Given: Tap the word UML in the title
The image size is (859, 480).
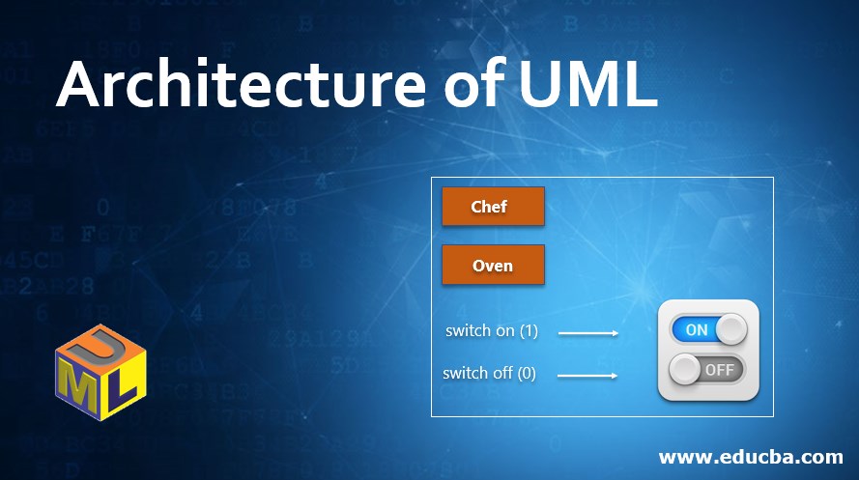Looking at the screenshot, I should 587,88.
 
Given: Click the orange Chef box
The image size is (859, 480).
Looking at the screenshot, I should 493,207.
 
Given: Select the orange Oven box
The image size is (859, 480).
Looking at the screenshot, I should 493,266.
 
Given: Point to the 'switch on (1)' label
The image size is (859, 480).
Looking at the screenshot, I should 491,330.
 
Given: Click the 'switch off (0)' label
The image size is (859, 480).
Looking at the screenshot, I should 489,373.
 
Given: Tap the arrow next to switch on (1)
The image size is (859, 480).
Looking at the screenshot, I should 588,333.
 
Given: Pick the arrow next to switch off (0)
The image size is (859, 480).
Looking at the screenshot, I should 588,375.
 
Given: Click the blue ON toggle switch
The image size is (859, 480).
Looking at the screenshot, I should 708,329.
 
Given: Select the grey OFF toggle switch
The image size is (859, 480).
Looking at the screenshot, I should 708,369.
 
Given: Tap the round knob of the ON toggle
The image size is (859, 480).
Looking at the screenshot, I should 731,329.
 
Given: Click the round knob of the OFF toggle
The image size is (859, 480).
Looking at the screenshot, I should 685,369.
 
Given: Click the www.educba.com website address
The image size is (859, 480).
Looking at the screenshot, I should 751,456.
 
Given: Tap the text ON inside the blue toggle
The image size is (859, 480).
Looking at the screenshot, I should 697,329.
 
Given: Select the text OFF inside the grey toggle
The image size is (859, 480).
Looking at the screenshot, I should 720,369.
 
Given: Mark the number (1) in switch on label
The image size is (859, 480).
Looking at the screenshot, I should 529,330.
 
